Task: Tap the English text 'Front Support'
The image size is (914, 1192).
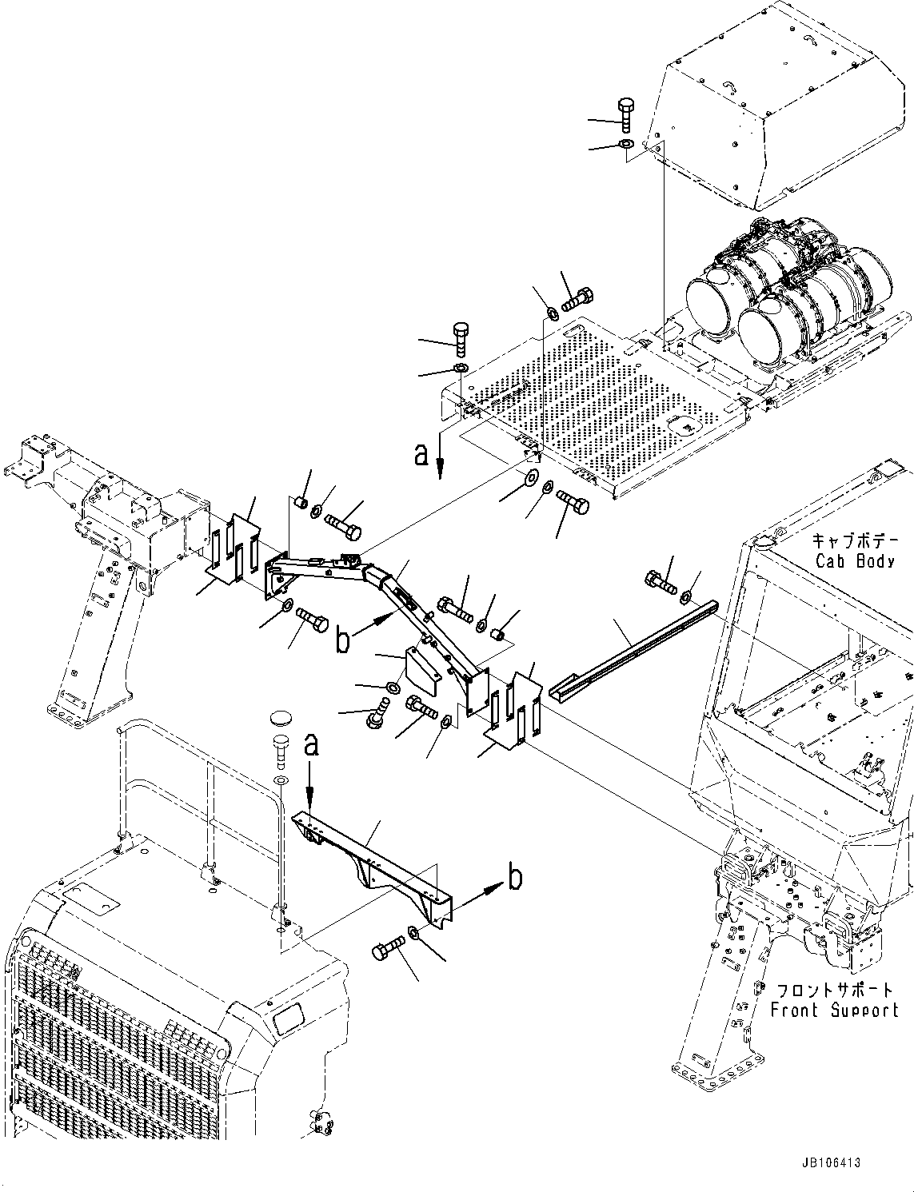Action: [834, 1010]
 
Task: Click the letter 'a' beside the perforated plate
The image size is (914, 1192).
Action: [422, 454]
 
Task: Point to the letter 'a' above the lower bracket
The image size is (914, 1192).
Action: [312, 745]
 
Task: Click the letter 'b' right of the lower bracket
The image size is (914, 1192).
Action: [516, 878]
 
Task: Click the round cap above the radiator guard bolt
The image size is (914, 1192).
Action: [281, 716]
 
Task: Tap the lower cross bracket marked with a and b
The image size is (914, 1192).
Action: [372, 859]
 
